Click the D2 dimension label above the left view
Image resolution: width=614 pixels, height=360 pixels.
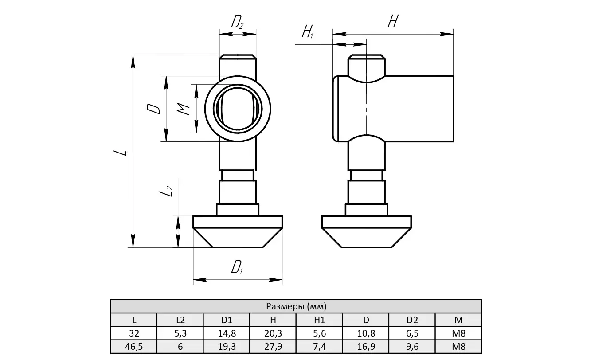[x=238, y=22]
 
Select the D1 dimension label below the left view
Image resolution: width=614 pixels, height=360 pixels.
[x=238, y=267]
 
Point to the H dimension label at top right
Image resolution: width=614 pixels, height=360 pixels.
[x=392, y=21]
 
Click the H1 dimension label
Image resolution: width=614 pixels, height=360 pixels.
[x=308, y=32]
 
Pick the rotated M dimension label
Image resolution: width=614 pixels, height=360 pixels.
[x=185, y=109]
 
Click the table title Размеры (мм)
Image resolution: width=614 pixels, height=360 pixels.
[x=296, y=306]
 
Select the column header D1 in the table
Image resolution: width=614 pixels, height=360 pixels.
[x=227, y=320]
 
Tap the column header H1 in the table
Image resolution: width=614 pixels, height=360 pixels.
[x=319, y=320]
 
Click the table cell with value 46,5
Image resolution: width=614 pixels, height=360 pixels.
[x=134, y=347]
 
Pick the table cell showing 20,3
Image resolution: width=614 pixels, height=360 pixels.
[x=273, y=333]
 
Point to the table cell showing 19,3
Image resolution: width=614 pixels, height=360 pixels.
[x=227, y=347]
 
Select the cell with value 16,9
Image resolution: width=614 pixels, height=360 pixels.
[x=366, y=347]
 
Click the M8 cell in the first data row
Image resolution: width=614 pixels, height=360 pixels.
[x=458, y=333]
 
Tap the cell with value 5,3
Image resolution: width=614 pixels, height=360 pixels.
[x=180, y=333]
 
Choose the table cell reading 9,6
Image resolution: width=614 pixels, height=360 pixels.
[x=412, y=347]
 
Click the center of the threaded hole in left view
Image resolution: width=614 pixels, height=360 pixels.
[x=238, y=109]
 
